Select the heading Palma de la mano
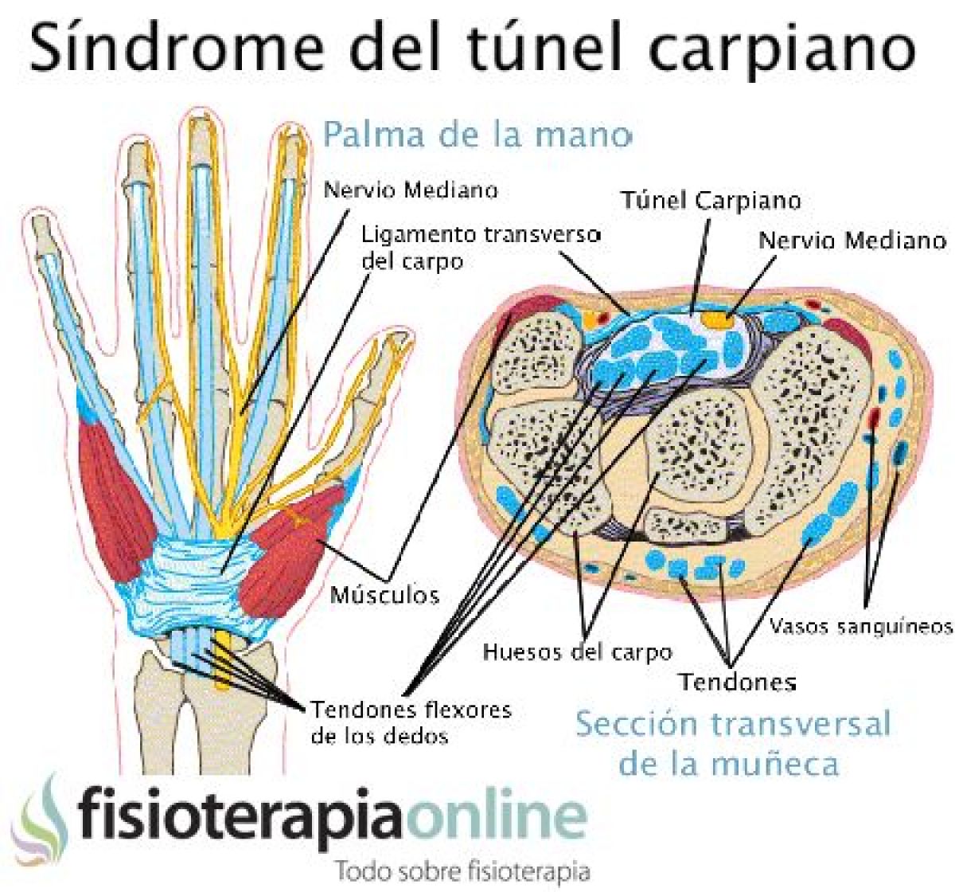point(477,134)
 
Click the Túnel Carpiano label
point(710,200)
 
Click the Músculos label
point(384,593)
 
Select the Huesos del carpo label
point(577,652)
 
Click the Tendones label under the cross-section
point(737,682)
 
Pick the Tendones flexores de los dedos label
point(410,722)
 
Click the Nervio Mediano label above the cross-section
point(852,240)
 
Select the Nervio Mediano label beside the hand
point(411,190)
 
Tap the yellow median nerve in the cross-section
point(716,321)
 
